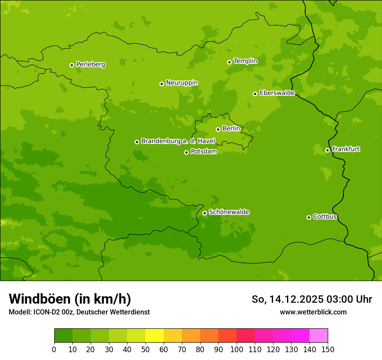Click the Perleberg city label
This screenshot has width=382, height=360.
click(90, 65)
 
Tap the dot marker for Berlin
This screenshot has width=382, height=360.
click(218, 129)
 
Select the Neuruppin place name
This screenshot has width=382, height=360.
click(181, 83)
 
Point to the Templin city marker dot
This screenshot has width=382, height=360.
click(229, 62)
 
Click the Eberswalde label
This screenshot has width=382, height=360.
click(277, 93)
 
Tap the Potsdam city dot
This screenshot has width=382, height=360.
click(186, 152)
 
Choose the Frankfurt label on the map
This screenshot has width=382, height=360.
click(346, 149)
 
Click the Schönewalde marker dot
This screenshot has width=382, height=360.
click(204, 213)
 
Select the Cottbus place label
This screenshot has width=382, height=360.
click(325, 217)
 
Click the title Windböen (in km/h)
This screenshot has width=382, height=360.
click(70, 299)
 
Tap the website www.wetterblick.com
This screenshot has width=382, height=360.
click(313, 312)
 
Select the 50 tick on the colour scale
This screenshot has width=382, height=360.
click(145, 349)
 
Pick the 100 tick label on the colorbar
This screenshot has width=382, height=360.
click(237, 349)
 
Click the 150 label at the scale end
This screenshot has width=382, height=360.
click(328, 349)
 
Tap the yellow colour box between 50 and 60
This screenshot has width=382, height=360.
click(155, 336)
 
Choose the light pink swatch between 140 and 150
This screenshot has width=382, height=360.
click(319, 336)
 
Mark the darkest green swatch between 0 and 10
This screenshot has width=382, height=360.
click(63, 336)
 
